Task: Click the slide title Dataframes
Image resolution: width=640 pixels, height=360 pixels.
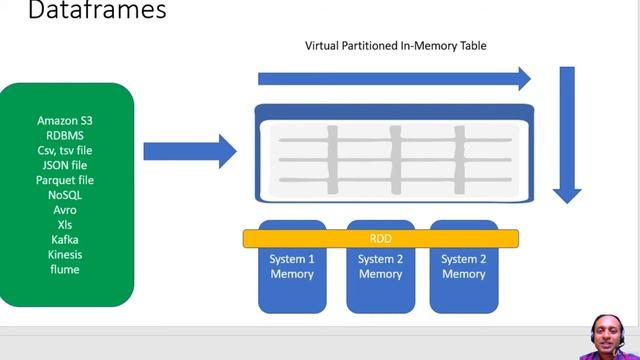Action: point(83,12)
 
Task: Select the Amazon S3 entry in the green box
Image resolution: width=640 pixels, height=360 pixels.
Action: point(64,120)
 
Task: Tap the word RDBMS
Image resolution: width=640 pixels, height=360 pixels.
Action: point(64,135)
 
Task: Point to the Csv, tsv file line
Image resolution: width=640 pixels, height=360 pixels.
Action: point(64,150)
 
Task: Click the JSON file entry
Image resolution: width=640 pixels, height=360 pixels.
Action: point(64,165)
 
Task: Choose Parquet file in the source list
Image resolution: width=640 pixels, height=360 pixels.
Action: point(64,180)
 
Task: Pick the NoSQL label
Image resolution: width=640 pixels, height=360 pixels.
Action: point(64,195)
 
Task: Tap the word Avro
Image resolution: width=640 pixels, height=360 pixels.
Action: point(64,210)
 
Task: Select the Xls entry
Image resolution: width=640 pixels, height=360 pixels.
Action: point(64,225)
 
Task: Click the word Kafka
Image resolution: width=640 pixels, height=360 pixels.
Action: point(64,240)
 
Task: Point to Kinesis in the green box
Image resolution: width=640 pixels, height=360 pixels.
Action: point(64,255)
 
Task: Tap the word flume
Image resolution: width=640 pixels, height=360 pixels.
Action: point(64,270)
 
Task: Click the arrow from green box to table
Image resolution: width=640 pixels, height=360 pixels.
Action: point(190,151)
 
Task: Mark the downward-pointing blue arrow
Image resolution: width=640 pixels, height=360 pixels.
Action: point(567,135)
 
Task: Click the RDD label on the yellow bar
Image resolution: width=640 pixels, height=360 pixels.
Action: point(380,239)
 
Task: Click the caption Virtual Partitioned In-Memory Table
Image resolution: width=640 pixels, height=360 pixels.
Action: point(396,46)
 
